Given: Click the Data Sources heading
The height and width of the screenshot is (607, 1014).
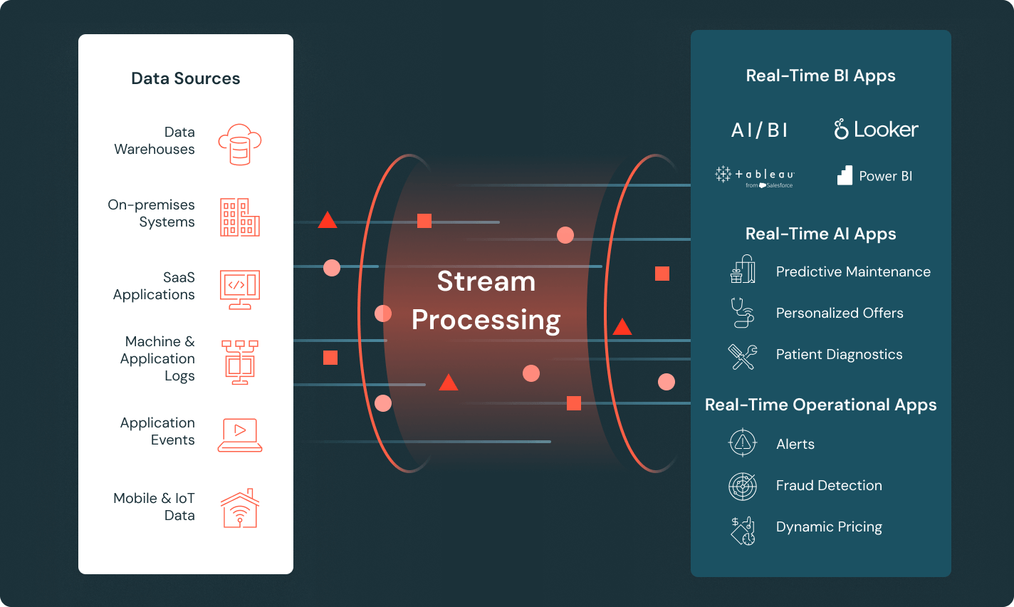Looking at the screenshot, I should tap(185, 78).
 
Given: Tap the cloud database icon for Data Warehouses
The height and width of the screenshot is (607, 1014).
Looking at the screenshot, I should tap(240, 144).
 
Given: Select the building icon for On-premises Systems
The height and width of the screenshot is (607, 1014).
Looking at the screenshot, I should tap(240, 217).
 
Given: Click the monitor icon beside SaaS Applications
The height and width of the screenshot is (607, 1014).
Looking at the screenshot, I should tap(240, 289).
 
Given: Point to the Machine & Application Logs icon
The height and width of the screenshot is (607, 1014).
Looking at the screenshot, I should tap(240, 362).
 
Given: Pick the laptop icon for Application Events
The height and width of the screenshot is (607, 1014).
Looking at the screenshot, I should tap(240, 435).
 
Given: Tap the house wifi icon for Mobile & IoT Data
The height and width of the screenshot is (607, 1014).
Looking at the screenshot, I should tap(240, 509).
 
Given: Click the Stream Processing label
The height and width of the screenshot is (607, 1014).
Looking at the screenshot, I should tap(486, 301).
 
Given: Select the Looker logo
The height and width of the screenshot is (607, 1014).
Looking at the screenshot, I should tap(876, 130).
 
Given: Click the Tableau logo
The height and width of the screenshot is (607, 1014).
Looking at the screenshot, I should tap(755, 176).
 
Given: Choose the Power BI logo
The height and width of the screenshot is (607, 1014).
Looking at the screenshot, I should tap(874, 176).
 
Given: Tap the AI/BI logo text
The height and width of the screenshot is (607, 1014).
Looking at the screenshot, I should tap(759, 130).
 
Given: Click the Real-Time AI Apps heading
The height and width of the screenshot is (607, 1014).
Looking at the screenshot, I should tap(820, 234).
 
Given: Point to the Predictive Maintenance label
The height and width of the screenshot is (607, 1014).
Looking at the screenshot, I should tap(853, 271).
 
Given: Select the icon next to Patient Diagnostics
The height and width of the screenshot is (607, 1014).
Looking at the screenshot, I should tap(743, 356).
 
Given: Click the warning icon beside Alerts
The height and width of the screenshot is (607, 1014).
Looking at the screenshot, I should tap(743, 443).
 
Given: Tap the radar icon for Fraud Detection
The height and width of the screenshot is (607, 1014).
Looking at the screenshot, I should tap(743, 486).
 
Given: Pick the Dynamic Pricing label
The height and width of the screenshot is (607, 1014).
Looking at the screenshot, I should tap(829, 527).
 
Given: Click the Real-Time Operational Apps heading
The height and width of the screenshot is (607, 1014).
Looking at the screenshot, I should tap(820, 405).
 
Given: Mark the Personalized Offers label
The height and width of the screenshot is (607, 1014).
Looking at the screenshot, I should tap(840, 313).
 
